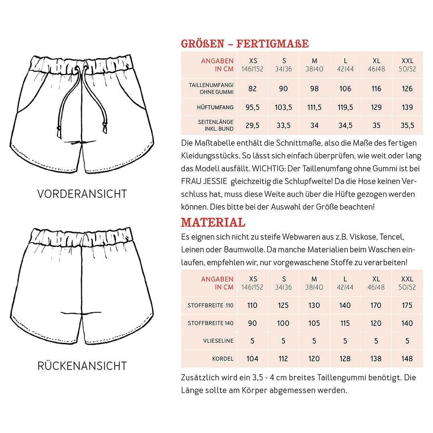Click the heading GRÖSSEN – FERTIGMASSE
(245, 44)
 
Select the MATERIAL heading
(213, 222)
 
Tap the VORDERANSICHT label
(82, 194)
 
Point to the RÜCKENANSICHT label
(82, 366)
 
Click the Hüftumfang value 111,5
(314, 107)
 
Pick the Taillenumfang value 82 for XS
(252, 89)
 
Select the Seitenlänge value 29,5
(252, 125)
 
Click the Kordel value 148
(407, 358)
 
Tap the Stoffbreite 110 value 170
(376, 306)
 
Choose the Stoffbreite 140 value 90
(252, 323)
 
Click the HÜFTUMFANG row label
(216, 107)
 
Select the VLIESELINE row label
(218, 341)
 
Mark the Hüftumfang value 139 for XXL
(407, 107)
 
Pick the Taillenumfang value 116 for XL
(376, 89)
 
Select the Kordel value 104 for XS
(252, 358)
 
